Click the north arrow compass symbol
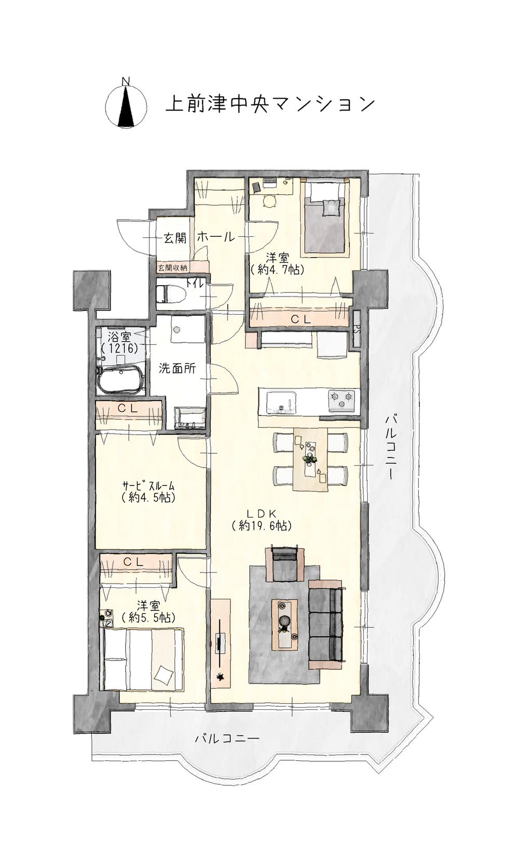coord(125,104)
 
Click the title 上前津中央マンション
coord(269,104)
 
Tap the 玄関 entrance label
coord(175,238)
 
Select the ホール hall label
coord(215,237)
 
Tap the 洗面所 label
coord(177,369)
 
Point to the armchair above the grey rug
coord(284,563)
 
